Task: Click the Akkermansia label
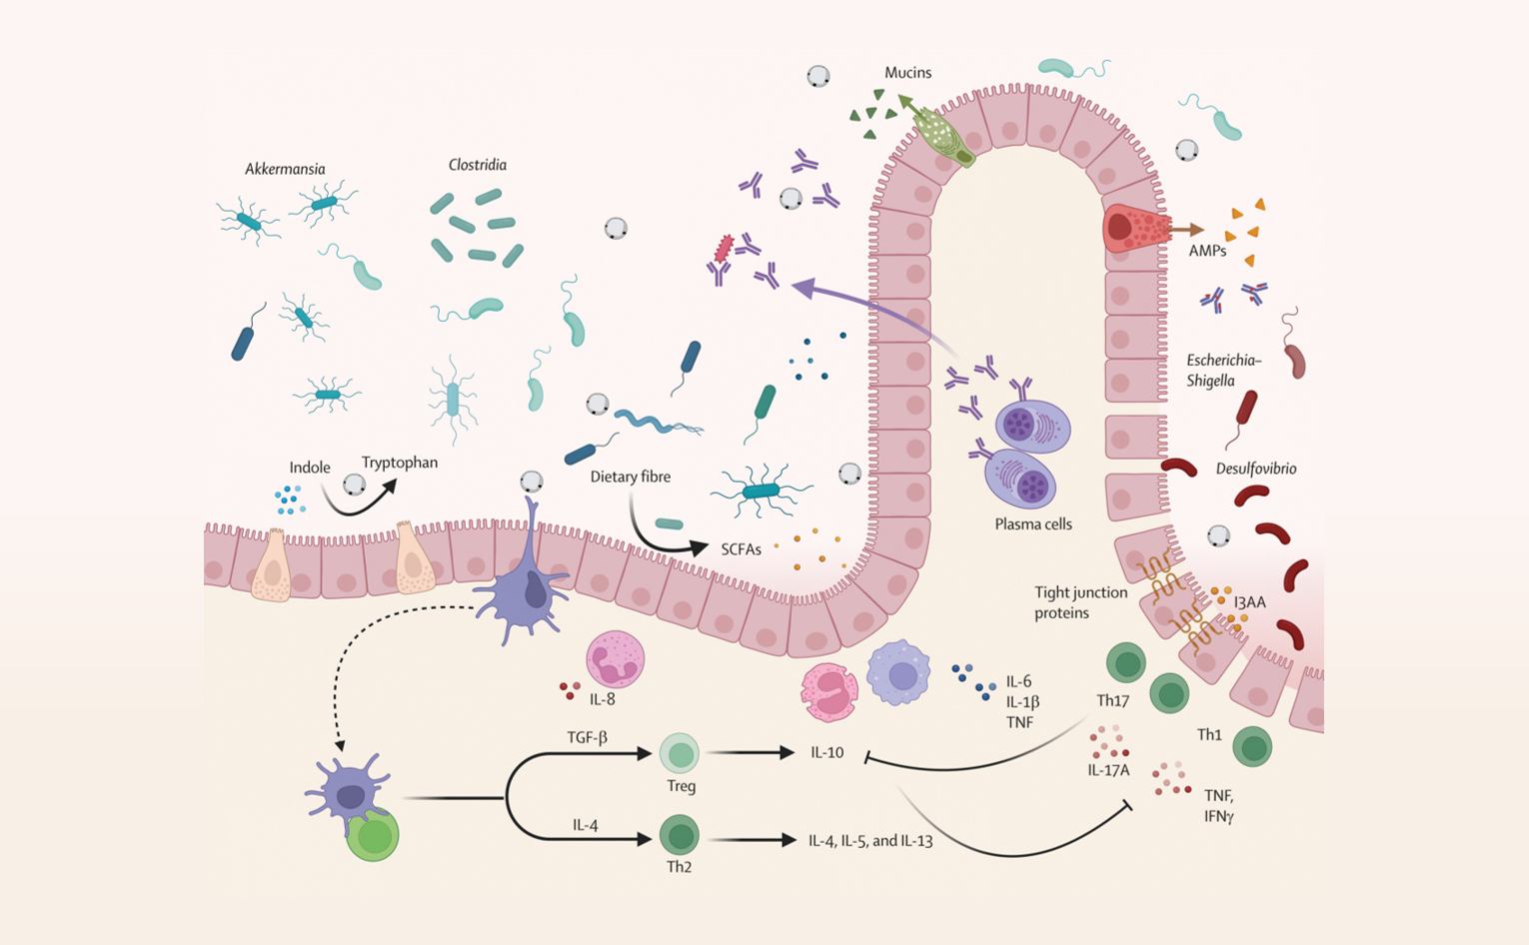point(285,169)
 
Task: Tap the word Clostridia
point(477,165)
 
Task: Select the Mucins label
point(907,72)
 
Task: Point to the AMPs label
point(1207,251)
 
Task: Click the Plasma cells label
point(1033,524)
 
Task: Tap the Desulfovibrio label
point(1256,469)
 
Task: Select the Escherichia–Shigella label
point(1224,370)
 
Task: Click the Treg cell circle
point(680,754)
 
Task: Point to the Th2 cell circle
point(680,835)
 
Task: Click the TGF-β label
point(587,737)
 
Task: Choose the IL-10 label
point(827,752)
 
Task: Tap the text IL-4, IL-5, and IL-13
point(870,840)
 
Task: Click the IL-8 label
point(602,699)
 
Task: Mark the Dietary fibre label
point(630,476)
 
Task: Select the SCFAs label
point(741,549)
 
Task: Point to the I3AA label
point(1250,601)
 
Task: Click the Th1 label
point(1209,735)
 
